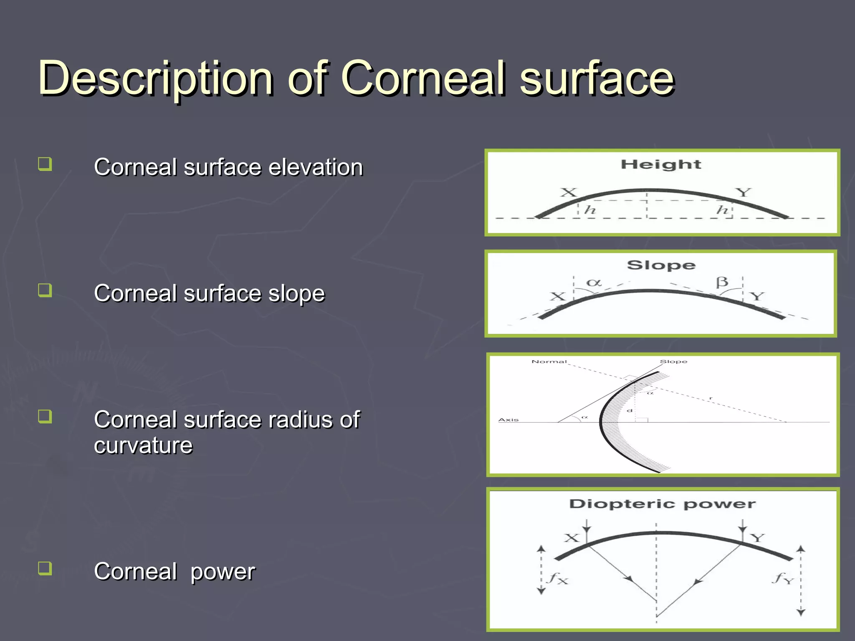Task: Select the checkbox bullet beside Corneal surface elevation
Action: [x=45, y=164]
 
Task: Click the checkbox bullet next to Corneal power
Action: [x=45, y=568]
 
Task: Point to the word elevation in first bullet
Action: [x=316, y=167]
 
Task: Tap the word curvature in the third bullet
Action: [x=143, y=445]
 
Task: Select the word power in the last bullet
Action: [x=223, y=572]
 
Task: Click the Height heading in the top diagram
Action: [x=661, y=164]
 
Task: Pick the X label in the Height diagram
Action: [x=568, y=192]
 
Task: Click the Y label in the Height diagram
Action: [x=743, y=192]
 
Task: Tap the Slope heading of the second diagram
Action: [x=661, y=265]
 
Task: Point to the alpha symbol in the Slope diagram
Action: [x=594, y=283]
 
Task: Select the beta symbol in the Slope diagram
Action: [x=722, y=282]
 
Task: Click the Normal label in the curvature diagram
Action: [x=549, y=361]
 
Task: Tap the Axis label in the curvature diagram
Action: [x=508, y=419]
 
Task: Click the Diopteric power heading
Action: [x=662, y=504]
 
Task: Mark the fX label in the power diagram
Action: [x=558, y=578]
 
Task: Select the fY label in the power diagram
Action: [x=782, y=578]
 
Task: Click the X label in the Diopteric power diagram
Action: [x=572, y=538]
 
